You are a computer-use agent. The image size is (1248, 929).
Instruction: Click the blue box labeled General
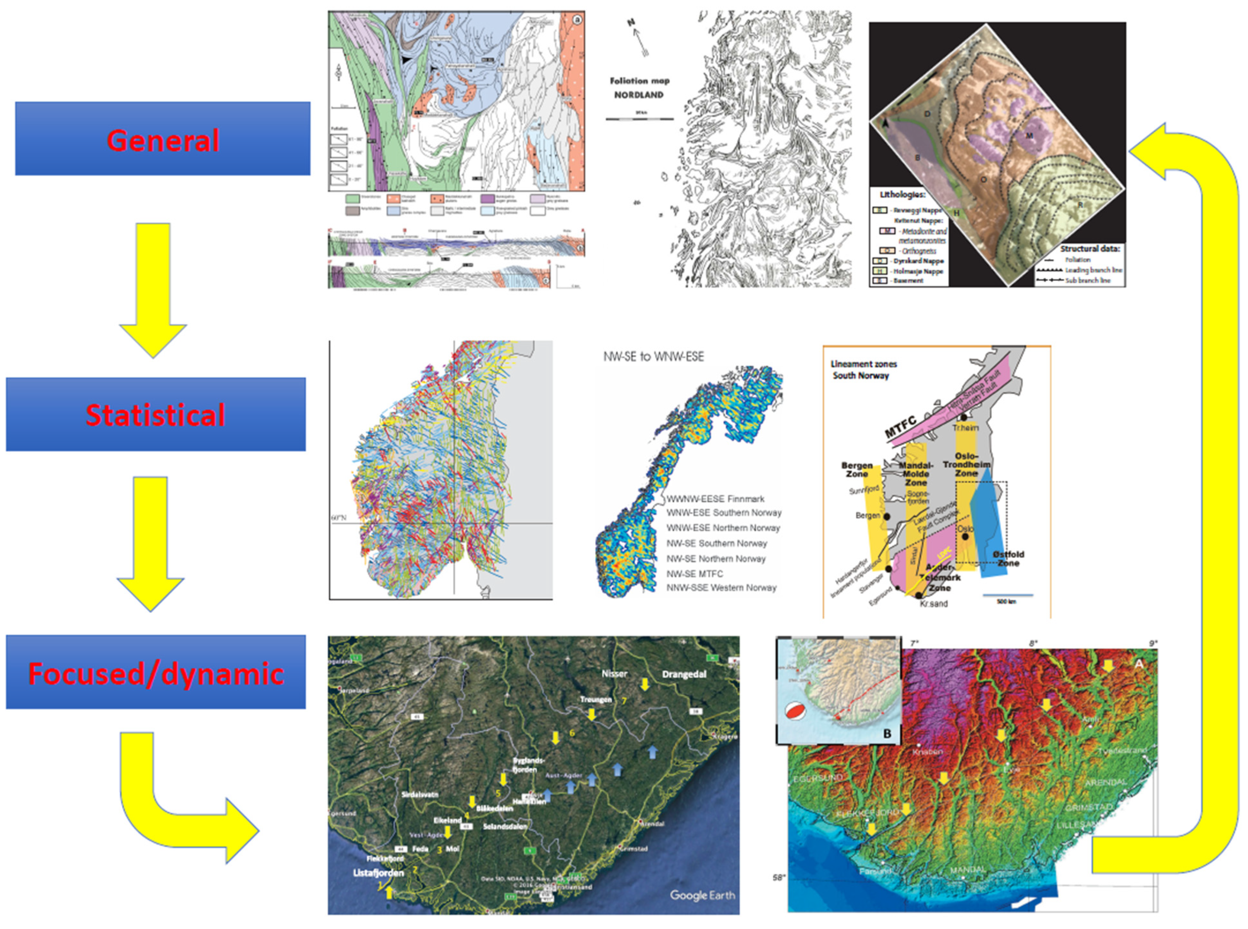pyautogui.click(x=162, y=138)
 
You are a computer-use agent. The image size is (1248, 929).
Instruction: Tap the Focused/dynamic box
pyautogui.click(x=156, y=672)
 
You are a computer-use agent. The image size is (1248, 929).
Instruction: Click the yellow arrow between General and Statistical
pyautogui.click(x=152, y=290)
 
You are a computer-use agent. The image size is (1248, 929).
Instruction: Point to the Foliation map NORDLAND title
pyautogui.click(x=639, y=88)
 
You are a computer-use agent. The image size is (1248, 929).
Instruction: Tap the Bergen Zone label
pyautogui.click(x=857, y=470)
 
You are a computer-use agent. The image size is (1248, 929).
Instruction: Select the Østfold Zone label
pyautogui.click(x=1008, y=558)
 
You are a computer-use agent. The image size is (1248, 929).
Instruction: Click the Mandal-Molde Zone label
pyautogui.click(x=916, y=474)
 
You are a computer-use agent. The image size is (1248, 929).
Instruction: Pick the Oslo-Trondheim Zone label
pyautogui.click(x=966, y=464)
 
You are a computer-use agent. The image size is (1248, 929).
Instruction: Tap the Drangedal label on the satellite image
pyautogui.click(x=684, y=674)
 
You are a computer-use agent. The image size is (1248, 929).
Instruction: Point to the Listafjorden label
pyautogui.click(x=378, y=873)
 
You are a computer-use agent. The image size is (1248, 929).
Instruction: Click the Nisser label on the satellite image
pyautogui.click(x=614, y=673)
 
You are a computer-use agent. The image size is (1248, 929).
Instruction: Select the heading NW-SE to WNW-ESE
pyautogui.click(x=653, y=356)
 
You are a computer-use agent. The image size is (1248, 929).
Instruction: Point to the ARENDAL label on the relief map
pyautogui.click(x=1105, y=782)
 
